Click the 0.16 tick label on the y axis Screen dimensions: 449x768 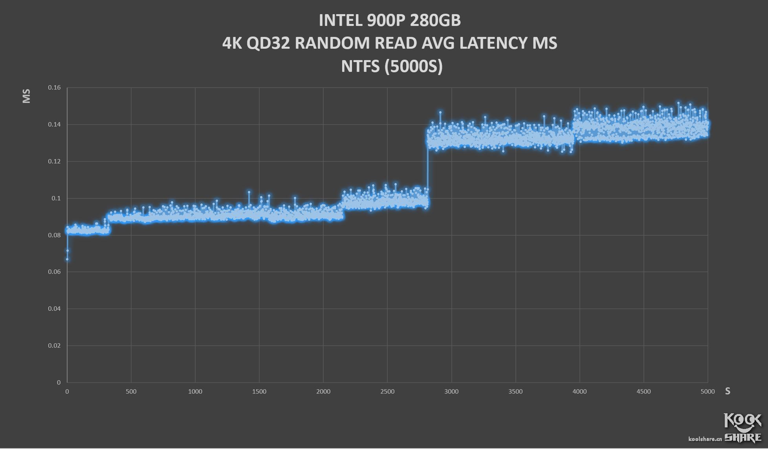click(x=54, y=88)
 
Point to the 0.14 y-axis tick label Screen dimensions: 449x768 click(x=54, y=125)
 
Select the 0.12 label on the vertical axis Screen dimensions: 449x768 click(x=54, y=161)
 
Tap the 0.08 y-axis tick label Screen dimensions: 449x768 click(x=54, y=235)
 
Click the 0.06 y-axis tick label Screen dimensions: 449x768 click(x=54, y=272)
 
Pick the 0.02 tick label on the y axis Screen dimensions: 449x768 click(x=54, y=346)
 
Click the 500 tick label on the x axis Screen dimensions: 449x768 click(x=131, y=392)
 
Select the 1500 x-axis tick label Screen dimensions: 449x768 click(x=259, y=392)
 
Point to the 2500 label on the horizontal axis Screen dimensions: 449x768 click(x=387, y=392)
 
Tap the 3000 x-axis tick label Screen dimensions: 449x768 click(x=451, y=392)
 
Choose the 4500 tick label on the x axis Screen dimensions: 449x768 click(x=643, y=392)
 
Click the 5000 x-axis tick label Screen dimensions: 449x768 click(x=708, y=392)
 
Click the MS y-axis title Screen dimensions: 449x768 click(x=26, y=96)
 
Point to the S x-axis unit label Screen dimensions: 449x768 click(x=728, y=391)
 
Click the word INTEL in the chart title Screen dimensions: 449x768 click(x=341, y=20)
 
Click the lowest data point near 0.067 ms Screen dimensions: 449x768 click(x=67, y=259)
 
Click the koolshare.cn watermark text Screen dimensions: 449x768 click(x=705, y=438)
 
